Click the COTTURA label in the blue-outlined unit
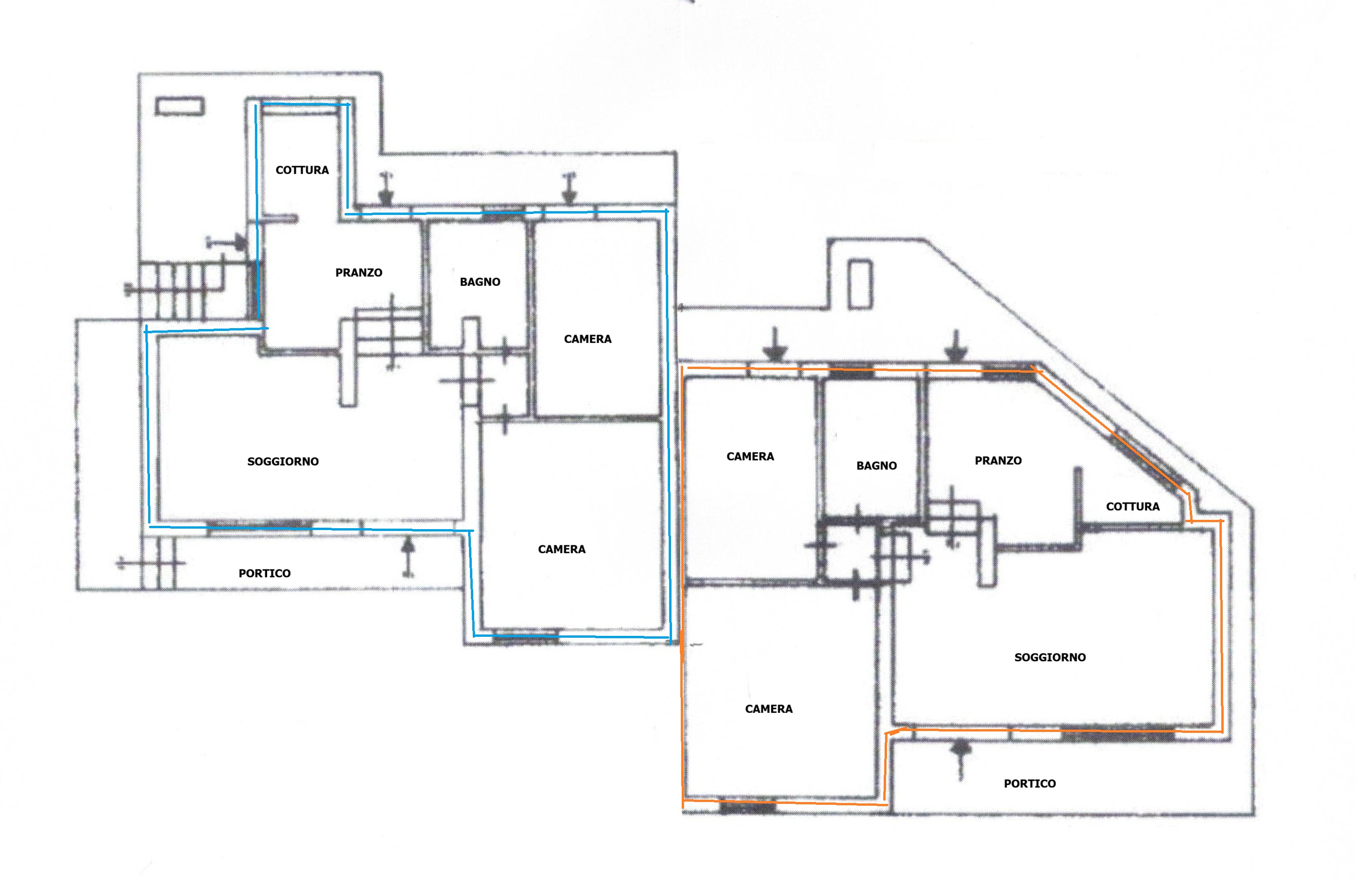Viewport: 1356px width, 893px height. point(302,170)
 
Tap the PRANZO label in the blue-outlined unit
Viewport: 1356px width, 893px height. point(359,273)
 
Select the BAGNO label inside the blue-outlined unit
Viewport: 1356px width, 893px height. point(480,282)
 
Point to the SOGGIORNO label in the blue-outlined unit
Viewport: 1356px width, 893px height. point(283,462)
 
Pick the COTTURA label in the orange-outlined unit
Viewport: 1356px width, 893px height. point(1133,507)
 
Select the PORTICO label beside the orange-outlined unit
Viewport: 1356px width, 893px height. point(1030,783)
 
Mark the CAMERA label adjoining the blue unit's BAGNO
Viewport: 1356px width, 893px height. point(587,339)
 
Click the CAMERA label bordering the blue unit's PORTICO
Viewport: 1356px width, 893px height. point(562,550)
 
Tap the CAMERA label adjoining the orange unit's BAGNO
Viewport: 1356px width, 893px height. point(750,457)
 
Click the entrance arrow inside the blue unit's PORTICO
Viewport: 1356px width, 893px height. point(408,557)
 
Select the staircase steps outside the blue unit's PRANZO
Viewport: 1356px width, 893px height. point(194,291)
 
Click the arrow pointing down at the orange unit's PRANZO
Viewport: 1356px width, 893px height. point(957,346)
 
